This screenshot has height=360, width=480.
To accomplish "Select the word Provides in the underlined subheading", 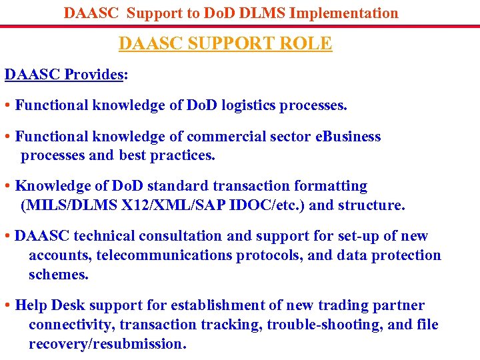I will click(93, 74).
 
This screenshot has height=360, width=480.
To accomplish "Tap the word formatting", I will click(327, 186).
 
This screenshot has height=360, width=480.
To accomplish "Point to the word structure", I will click(371, 205).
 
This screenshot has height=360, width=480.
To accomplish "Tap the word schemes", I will click(59, 275).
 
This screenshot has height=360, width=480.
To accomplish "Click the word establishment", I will click(217, 305).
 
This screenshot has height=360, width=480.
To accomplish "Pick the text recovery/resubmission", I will click(107, 344).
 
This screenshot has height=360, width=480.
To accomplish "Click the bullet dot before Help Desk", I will click(7, 306).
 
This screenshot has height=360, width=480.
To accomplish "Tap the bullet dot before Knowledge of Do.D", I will click(7, 187).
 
